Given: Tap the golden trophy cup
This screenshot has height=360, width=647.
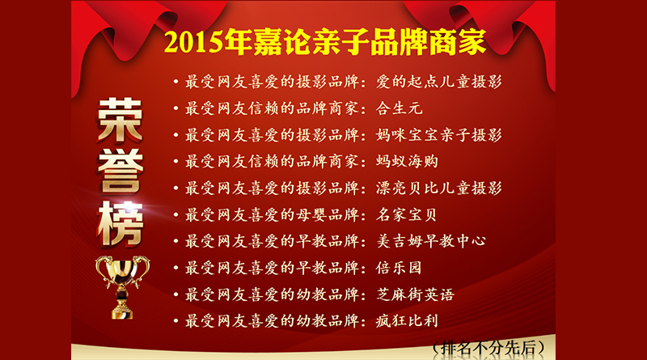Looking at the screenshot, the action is point(122,287).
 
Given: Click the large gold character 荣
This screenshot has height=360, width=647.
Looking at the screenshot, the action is point(120,121).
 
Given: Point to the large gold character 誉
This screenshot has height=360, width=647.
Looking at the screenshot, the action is point(121,172).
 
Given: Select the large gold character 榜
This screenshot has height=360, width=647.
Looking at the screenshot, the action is point(121,224).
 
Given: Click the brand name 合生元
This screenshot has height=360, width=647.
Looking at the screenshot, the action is point(399,108).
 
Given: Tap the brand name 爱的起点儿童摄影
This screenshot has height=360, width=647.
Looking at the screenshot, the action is point(438,82).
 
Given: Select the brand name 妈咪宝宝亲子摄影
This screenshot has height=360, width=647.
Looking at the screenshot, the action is point(438,135).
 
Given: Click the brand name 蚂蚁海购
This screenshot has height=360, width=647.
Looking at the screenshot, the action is point(407,162).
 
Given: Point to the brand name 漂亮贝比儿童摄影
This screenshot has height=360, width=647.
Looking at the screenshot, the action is point(438,188).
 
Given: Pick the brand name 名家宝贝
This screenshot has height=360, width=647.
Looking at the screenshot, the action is point(407,214).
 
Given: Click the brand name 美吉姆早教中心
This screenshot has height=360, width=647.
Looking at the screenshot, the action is point(431,241).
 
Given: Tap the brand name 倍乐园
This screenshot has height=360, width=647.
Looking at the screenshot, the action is point(399,268).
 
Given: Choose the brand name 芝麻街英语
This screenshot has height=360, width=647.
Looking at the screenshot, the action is point(415,294).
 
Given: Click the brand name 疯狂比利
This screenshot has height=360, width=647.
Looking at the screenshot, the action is point(407,321).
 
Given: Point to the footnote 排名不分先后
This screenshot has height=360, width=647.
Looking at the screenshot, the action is point(488,347).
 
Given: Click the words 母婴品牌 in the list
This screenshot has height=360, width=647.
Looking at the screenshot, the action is point(328,214).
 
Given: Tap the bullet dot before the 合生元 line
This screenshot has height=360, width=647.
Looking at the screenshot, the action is point(175,108).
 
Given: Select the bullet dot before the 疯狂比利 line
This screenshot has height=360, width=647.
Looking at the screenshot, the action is point(175,321).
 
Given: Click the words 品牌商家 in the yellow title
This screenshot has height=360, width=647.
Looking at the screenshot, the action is point(428,43).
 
